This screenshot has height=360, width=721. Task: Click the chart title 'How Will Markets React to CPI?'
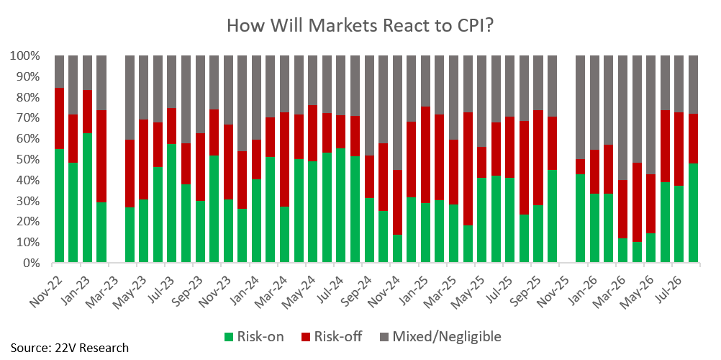[x=360, y=25]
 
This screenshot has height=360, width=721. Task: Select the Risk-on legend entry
[x=254, y=336]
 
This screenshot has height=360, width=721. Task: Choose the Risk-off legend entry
[x=332, y=336]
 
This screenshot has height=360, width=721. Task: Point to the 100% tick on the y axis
[x=25, y=57]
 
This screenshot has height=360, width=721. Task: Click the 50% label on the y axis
[x=28, y=161]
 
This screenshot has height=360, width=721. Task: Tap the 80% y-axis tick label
[x=28, y=98]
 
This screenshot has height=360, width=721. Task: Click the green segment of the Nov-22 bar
[x=59, y=206]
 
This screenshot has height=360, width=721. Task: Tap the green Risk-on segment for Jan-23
[x=87, y=198]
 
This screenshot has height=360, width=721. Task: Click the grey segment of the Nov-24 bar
[x=397, y=113]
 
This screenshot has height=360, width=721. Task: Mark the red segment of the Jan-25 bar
[x=425, y=155]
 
